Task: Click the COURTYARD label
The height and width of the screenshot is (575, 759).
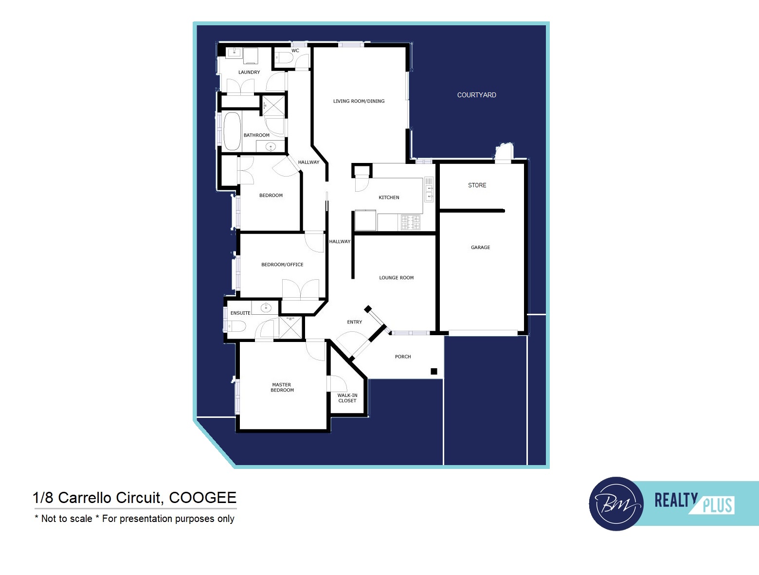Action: [x=476, y=95]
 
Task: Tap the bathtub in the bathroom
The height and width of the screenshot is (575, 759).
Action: [x=232, y=131]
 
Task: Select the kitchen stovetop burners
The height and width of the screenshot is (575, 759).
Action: [x=411, y=222]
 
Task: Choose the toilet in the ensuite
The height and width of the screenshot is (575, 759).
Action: [x=236, y=326]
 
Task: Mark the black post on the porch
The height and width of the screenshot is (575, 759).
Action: [x=434, y=371]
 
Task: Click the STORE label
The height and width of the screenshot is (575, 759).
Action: [x=477, y=185]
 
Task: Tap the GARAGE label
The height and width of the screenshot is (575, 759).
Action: [x=480, y=248]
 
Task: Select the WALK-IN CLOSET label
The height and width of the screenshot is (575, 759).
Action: [x=347, y=398]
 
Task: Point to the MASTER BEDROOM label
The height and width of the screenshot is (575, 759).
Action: [x=282, y=387]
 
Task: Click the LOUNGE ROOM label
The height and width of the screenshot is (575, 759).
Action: [x=396, y=278]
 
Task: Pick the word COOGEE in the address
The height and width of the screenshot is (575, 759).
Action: [x=202, y=498]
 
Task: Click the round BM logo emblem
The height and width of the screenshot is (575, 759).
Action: [x=616, y=504]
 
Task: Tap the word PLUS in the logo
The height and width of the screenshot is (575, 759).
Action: [x=718, y=506]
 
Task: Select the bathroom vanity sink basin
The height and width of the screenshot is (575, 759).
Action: [x=271, y=147]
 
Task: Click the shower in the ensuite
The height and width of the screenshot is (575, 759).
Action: [x=290, y=327]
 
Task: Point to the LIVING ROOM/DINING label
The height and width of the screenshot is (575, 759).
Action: [x=359, y=101]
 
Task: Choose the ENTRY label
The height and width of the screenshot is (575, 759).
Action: [x=354, y=322]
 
